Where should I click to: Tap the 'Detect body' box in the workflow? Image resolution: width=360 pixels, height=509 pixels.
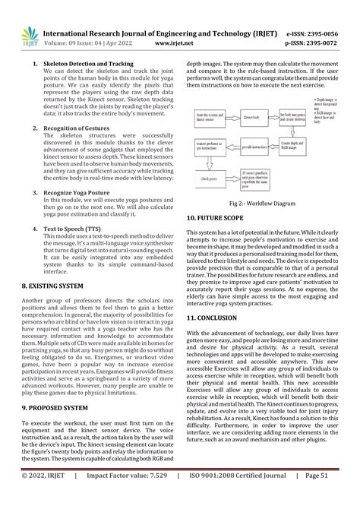click(251, 116)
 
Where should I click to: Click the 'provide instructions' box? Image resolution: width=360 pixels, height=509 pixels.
click(251, 145)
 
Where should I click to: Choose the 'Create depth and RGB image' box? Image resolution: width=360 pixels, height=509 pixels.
click(293, 145)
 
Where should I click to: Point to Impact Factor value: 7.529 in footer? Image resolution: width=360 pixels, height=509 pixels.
click(125, 497)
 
